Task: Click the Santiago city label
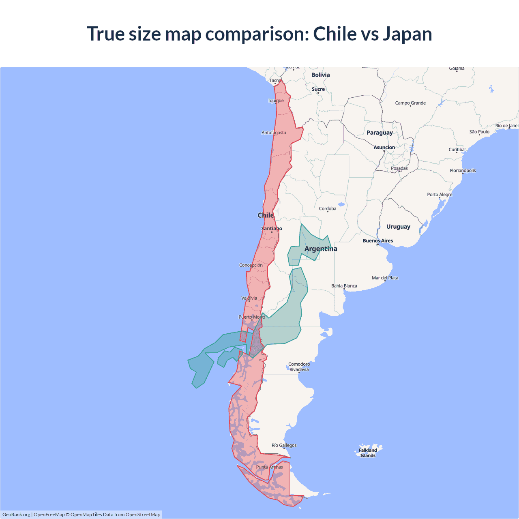(x=272, y=229)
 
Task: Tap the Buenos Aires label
(x=377, y=240)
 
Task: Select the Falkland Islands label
(x=368, y=453)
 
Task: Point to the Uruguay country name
(x=398, y=227)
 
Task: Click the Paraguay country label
(x=380, y=133)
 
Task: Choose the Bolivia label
(x=320, y=75)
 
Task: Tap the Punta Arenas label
(x=269, y=467)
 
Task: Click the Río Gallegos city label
(x=284, y=445)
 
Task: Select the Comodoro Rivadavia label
(x=299, y=367)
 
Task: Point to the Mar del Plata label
(x=385, y=278)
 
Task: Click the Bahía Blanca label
(x=344, y=286)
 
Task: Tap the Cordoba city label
(x=328, y=209)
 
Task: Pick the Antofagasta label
(x=274, y=133)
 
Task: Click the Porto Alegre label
(x=440, y=195)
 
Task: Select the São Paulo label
(x=479, y=132)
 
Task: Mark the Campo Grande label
(x=410, y=103)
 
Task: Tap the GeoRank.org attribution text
(x=16, y=515)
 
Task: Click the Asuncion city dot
(x=384, y=151)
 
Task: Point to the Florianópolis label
(x=463, y=171)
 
